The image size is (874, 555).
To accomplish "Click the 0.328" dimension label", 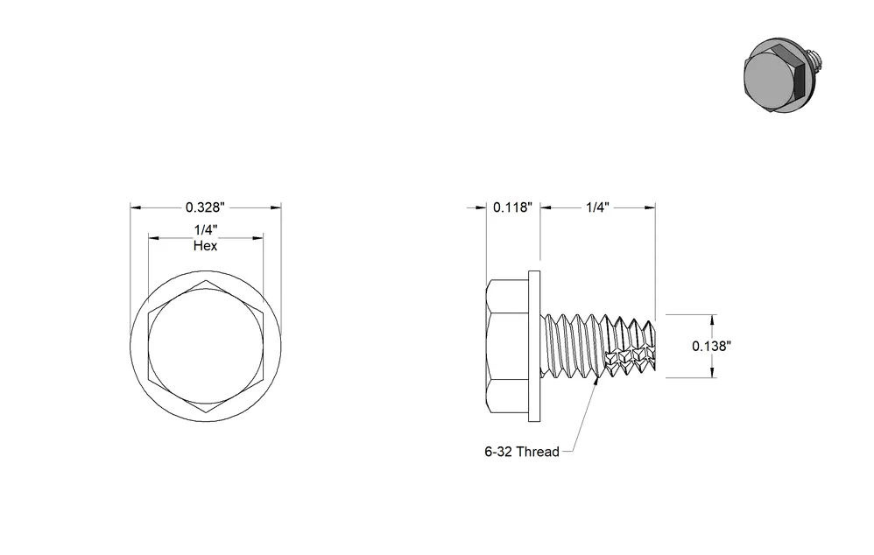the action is (x=205, y=207).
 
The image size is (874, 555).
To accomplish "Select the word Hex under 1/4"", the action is (x=205, y=246).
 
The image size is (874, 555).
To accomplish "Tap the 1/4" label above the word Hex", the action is (x=205, y=229).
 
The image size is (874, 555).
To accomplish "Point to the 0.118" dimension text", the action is (x=513, y=207).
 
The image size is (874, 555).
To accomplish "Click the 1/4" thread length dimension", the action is (x=597, y=207).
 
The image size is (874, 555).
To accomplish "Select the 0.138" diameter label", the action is (x=711, y=346).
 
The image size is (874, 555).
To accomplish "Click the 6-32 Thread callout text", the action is (x=522, y=452).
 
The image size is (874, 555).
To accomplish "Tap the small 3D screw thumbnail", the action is (x=783, y=76).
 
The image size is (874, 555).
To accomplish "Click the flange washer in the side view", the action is (x=534, y=346).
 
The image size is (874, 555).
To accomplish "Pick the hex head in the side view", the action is (x=507, y=346).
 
